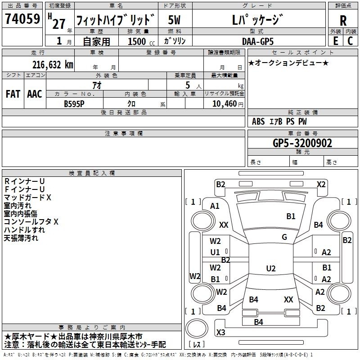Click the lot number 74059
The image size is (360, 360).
pos(22,18)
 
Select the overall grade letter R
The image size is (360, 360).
pos(343,21)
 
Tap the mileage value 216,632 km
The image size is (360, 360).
pos(53,65)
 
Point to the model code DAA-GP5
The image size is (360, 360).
pos(258,41)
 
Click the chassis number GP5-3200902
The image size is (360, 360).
pos(302,143)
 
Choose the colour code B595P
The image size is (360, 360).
pos(74,104)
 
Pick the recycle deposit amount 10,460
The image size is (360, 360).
pos(225,103)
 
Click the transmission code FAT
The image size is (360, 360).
pos(13,94)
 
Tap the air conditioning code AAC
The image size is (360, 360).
pos(35,94)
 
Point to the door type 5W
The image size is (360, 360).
pos(174,20)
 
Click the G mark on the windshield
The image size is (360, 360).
pos(284,237)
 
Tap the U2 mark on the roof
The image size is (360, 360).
pos(271,268)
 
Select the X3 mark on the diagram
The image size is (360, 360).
pos(220,332)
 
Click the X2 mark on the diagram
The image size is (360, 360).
pos(321,184)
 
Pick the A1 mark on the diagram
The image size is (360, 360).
pos(215,206)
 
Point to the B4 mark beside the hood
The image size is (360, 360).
pos(319,225)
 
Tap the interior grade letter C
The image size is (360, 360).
pos(350,41)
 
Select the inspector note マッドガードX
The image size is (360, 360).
pos(27,198)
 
